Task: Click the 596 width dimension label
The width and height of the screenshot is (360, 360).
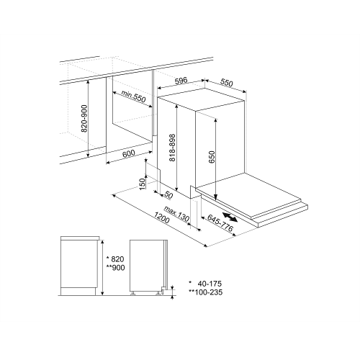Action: (x=181, y=81)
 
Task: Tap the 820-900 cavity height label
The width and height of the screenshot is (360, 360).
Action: (x=84, y=119)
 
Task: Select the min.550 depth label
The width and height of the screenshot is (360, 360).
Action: (x=134, y=96)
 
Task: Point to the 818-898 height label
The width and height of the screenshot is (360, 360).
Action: (x=173, y=148)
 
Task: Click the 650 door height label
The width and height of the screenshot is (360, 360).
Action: (x=212, y=157)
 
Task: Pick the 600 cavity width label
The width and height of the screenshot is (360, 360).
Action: (x=129, y=154)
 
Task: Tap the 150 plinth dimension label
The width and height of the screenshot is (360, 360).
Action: (x=143, y=184)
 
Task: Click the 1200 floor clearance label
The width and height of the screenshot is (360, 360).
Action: (x=161, y=217)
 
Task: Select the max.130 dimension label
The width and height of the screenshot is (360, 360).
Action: (x=177, y=213)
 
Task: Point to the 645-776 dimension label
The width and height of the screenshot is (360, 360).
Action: (x=220, y=223)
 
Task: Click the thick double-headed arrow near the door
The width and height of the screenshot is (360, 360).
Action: (x=230, y=217)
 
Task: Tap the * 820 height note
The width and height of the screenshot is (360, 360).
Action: (x=115, y=259)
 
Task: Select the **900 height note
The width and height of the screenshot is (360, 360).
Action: (x=115, y=267)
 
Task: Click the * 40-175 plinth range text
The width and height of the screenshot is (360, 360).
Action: (x=205, y=284)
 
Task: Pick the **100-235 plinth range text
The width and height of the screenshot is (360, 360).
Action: (x=206, y=292)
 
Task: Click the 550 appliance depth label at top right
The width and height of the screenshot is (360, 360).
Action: (x=227, y=83)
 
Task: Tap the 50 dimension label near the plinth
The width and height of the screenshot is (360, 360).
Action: (x=168, y=196)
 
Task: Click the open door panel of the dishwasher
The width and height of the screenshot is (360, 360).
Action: (x=248, y=194)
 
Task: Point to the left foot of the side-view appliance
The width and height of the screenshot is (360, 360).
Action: (x=132, y=294)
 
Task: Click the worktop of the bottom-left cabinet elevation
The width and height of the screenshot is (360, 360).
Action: (x=80, y=238)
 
